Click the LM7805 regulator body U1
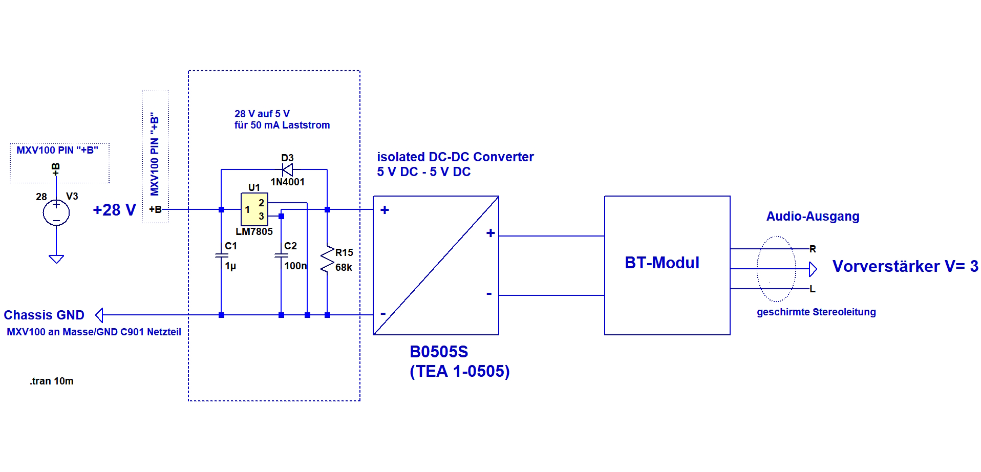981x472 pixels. pyautogui.click(x=254, y=209)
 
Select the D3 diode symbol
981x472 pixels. pyautogui.click(x=287, y=169)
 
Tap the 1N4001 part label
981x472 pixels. pyautogui.click(x=287, y=182)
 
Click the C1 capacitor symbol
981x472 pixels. pyautogui.click(x=221, y=255)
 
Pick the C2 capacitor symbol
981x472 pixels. pyautogui.click(x=281, y=255)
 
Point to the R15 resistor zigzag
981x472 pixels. pyautogui.click(x=327, y=261)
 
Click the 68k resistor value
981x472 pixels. pyautogui.click(x=344, y=267)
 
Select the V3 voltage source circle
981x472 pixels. pyautogui.click(x=56, y=212)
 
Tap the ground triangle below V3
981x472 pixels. pyautogui.click(x=56, y=259)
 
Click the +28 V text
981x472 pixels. pyautogui.click(x=114, y=210)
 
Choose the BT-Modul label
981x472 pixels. pyautogui.click(x=662, y=263)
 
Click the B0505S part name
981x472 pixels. pyautogui.click(x=439, y=352)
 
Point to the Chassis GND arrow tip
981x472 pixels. pyautogui.click(x=97, y=315)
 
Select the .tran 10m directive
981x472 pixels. pyautogui.click(x=52, y=381)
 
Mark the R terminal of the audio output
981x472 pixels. pyautogui.click(x=813, y=249)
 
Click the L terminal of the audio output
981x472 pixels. pyautogui.click(x=813, y=289)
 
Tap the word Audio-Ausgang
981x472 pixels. pyautogui.click(x=813, y=217)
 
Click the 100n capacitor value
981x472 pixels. pyautogui.click(x=295, y=266)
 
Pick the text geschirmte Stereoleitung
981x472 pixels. pyautogui.click(x=816, y=312)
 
